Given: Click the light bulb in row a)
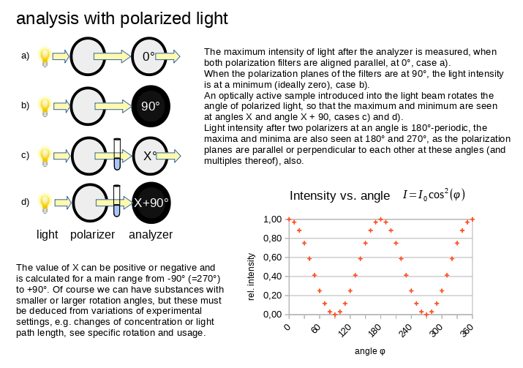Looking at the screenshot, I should pyautogui.click(x=45, y=56).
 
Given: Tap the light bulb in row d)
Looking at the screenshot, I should pyautogui.click(x=45, y=201).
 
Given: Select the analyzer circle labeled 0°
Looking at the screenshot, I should pyautogui.click(x=150, y=56).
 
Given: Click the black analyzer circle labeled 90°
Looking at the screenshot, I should pyautogui.click(x=151, y=105).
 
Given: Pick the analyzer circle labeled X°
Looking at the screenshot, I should pyautogui.click(x=150, y=155).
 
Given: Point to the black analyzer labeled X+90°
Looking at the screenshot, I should pyautogui.click(x=151, y=203).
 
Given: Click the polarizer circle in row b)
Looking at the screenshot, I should pyautogui.click(x=93, y=105).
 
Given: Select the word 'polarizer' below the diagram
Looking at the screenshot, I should pyautogui.click(x=93, y=235).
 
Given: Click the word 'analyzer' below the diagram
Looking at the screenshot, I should pyautogui.click(x=151, y=235).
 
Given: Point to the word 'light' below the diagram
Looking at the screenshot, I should pyautogui.click(x=48, y=235).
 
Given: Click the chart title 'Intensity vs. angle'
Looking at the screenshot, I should pyautogui.click(x=340, y=195).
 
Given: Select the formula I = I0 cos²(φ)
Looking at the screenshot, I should pyautogui.click(x=433, y=195).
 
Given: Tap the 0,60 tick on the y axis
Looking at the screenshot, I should pyautogui.click(x=272, y=258).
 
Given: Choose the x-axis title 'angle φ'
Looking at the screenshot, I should pyautogui.click(x=370, y=351).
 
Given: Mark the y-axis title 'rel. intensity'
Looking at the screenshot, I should pyautogui.click(x=252, y=277).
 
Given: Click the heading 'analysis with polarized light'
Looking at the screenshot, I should pyautogui.click(x=122, y=19).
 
